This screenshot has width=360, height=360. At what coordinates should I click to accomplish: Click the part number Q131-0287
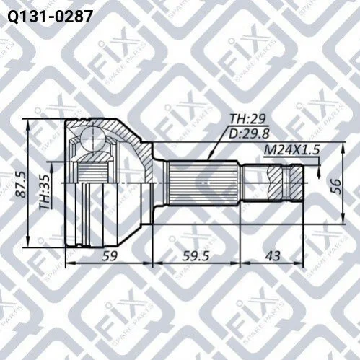(x=50, y=17)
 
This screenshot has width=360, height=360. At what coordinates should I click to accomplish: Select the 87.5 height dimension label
(x=21, y=185)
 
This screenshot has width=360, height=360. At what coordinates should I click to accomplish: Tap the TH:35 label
(x=45, y=192)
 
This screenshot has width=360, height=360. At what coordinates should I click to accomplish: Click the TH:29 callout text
(x=247, y=119)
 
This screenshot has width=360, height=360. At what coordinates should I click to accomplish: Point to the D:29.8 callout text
(x=249, y=133)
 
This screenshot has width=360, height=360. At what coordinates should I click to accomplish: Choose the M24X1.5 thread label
(x=291, y=150)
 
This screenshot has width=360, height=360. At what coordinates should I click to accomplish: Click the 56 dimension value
(x=336, y=186)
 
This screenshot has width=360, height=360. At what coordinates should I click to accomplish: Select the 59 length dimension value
(x=110, y=255)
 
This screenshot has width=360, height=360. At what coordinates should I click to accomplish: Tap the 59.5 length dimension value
(x=196, y=255)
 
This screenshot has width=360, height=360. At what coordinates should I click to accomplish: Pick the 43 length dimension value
(x=273, y=255)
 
